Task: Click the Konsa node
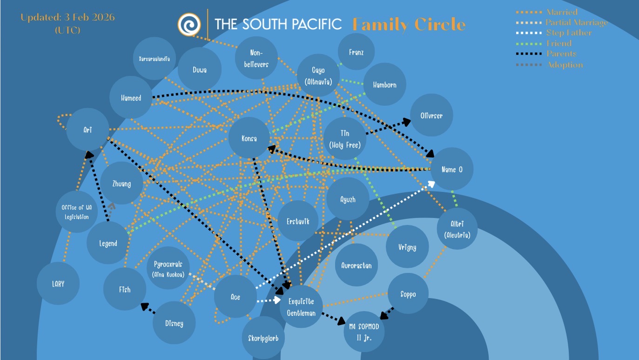pyautogui.click(x=249, y=139)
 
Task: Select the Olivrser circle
pyautogui.click(x=431, y=115)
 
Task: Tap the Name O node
pyautogui.click(x=451, y=169)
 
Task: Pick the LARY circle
pyautogui.click(x=58, y=284)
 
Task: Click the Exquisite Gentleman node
pyautogui.click(x=301, y=307)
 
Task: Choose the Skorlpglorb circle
pyautogui.click(x=263, y=338)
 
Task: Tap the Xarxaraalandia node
pyautogui.click(x=154, y=59)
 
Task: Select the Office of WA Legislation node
pyautogui.click(x=77, y=212)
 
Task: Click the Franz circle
pyautogui.click(x=356, y=53)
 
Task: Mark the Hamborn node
pyautogui.click(x=384, y=85)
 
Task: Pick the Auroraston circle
pyautogui.click(x=356, y=265)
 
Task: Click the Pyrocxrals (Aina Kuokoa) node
pyautogui.click(x=168, y=269)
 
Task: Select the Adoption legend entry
pyautogui.click(x=564, y=65)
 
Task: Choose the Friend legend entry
pyautogui.click(x=558, y=43)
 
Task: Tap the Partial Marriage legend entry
pyautogui.click(x=576, y=22)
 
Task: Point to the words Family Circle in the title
pyautogui.click(x=409, y=24)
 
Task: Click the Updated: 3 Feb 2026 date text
pyautogui.click(x=67, y=18)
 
